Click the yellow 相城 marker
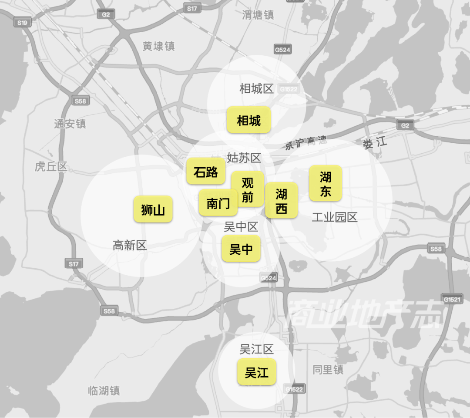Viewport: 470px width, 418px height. [x=248, y=120]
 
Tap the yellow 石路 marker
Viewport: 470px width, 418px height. [x=206, y=172]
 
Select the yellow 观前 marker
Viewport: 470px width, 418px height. [x=247, y=189]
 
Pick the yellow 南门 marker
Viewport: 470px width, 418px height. [x=218, y=202]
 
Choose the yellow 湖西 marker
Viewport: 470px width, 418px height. [x=282, y=200]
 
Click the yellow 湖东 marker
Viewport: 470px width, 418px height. [x=326, y=183]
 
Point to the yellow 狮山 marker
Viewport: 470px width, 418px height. [x=153, y=209]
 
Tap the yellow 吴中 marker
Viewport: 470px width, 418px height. [x=241, y=249]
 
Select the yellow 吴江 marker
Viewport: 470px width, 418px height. [x=257, y=372]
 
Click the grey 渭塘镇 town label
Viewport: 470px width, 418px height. [x=258, y=15]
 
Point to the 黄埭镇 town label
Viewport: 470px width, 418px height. [x=158, y=46]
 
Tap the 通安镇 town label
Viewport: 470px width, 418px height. [x=70, y=124]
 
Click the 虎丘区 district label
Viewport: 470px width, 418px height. [x=51, y=166]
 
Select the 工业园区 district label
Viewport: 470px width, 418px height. [x=335, y=217]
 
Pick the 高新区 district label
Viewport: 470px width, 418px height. [x=130, y=245]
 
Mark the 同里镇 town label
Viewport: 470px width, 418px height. [x=328, y=370]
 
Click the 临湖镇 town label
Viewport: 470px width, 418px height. [x=104, y=391]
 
